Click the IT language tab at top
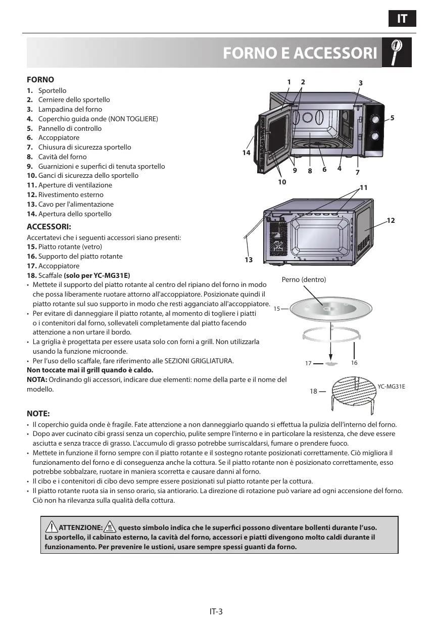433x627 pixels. click(402, 19)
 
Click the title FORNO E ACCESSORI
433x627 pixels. click(300, 53)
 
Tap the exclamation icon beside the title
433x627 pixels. click(397, 52)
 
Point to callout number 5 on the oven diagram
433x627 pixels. click(392, 118)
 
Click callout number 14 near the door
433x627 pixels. click(246, 152)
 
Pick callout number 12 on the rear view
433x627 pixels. click(391, 221)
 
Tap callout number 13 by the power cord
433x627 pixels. click(248, 260)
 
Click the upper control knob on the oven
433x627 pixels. click(376, 119)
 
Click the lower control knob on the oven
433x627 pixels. click(376, 136)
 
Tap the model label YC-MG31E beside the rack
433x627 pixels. click(392, 387)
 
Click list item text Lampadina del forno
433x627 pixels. click(70, 109)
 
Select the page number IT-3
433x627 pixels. click(216, 611)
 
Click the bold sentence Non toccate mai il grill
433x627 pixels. click(89, 370)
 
